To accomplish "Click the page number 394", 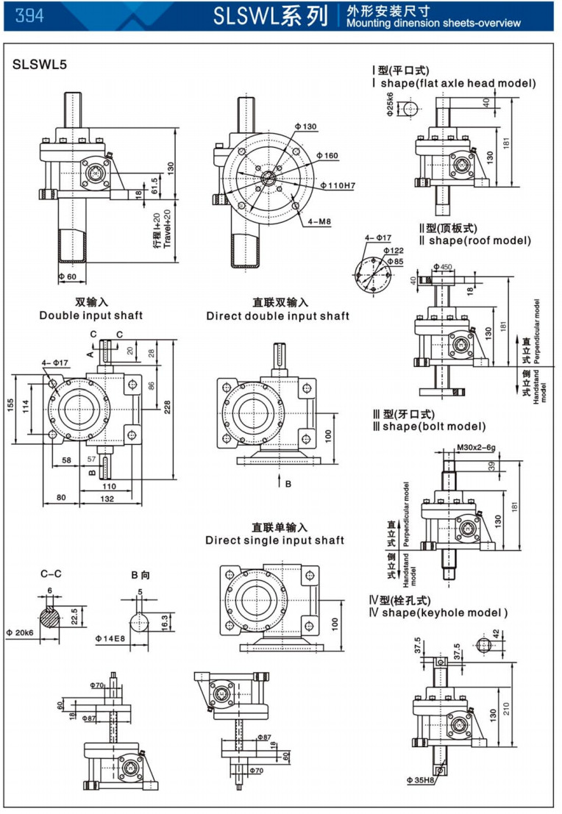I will point(28,15).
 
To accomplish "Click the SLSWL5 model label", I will point(40,64).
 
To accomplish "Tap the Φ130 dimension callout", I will point(307,126).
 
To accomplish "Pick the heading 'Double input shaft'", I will point(91,315).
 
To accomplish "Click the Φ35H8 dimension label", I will point(419,779).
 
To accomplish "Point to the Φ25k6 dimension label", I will point(390,105).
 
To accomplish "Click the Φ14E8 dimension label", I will point(110,639).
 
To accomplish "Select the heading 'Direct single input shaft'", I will point(274,540).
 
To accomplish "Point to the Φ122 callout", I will point(394,251).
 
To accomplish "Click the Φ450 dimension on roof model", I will point(443,266).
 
